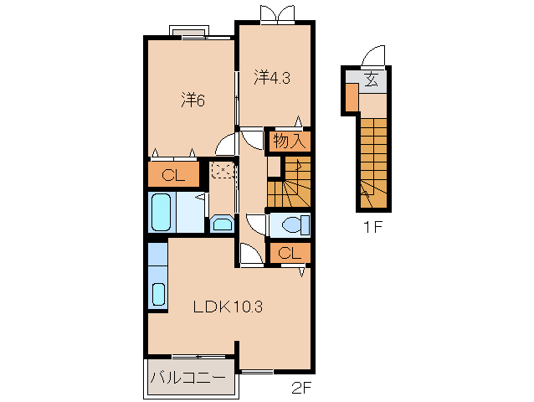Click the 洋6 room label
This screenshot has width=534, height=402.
click(x=193, y=100)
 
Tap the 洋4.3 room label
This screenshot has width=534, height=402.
click(x=272, y=77)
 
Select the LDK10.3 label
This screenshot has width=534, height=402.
click(x=228, y=307)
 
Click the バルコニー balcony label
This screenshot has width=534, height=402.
click(x=188, y=378)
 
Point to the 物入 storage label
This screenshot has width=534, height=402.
click(x=289, y=141)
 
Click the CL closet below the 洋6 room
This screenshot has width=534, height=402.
click(x=173, y=175)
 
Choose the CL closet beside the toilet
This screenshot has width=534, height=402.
click(x=290, y=253)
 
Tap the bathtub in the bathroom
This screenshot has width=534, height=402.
click(x=161, y=212)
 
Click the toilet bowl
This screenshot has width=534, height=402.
click(x=292, y=224)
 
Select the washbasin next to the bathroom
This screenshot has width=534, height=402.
click(x=222, y=224)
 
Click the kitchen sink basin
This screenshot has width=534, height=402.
click(x=158, y=294)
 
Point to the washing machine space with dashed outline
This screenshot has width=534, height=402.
click(x=222, y=170)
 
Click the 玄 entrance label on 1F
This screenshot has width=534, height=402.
click(x=372, y=80)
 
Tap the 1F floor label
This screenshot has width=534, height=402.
click(x=373, y=227)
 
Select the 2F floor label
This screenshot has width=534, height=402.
click(x=301, y=388)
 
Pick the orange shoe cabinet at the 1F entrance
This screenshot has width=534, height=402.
click(x=352, y=97)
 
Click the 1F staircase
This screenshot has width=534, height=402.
click(x=373, y=162)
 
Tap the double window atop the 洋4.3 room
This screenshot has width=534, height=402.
click(x=277, y=14)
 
